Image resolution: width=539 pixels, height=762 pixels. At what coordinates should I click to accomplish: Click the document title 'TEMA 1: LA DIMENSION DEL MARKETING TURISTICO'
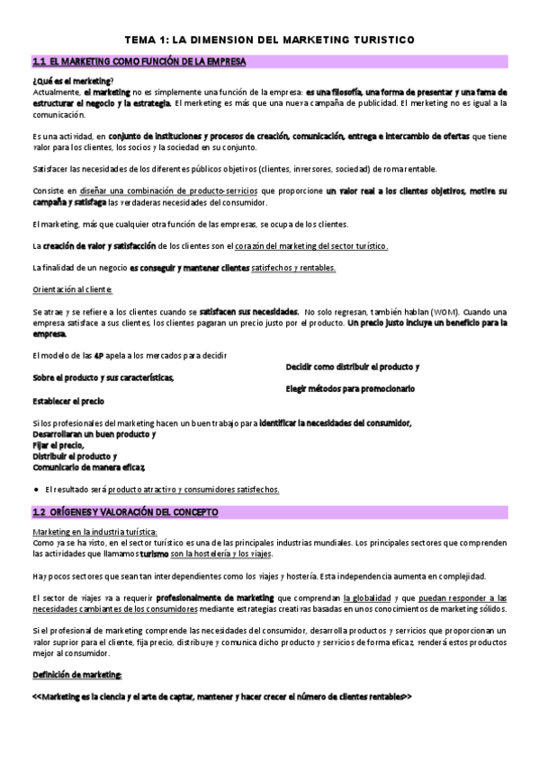tap(269, 40)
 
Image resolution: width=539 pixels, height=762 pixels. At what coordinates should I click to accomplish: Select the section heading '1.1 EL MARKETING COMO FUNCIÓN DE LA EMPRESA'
tap(139, 62)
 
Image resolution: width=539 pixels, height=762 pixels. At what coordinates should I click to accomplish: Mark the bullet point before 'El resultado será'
tap(35, 490)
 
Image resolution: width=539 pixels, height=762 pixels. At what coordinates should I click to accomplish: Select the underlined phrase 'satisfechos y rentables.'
tap(294, 267)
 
